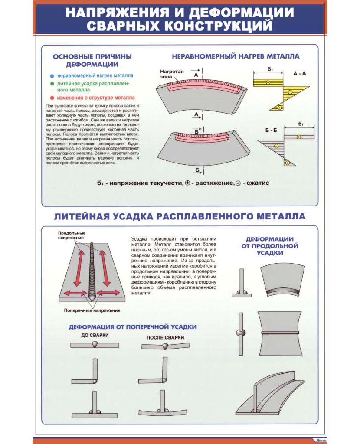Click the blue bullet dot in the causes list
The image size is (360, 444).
52,75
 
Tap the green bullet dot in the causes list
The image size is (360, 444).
52,83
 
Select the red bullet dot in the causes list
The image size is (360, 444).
52,98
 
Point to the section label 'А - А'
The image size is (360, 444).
299,74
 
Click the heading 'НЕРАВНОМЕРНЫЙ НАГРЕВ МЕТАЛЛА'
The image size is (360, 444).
236,56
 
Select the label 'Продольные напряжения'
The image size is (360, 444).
71,235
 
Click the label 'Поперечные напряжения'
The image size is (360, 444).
92,310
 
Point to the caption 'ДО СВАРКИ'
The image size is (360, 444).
95,335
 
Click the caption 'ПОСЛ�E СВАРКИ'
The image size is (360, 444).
165,338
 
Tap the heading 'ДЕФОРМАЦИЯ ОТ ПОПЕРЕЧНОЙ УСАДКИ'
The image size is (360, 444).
133,326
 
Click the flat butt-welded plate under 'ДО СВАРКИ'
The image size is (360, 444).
95,345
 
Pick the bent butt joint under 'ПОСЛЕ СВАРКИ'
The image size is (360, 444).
165,346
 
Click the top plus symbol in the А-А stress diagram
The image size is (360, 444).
268,82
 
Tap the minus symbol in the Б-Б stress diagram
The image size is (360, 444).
276,146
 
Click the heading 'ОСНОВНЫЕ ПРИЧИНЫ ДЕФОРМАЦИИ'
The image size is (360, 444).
92,60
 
